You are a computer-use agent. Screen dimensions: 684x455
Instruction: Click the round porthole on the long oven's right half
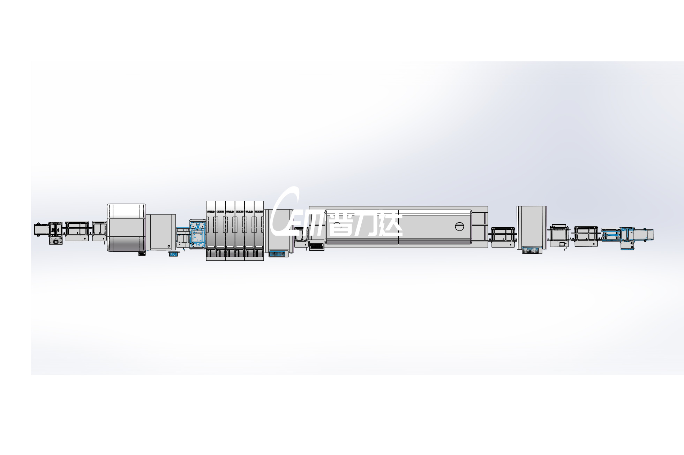click(x=460, y=226)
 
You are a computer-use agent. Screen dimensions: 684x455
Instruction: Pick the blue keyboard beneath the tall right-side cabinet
click(x=532, y=250)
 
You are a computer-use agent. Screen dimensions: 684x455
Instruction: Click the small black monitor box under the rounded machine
click(x=142, y=254)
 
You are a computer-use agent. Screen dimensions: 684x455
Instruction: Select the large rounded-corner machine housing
click(x=126, y=227)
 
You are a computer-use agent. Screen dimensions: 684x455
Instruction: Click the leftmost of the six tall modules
click(x=211, y=230)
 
